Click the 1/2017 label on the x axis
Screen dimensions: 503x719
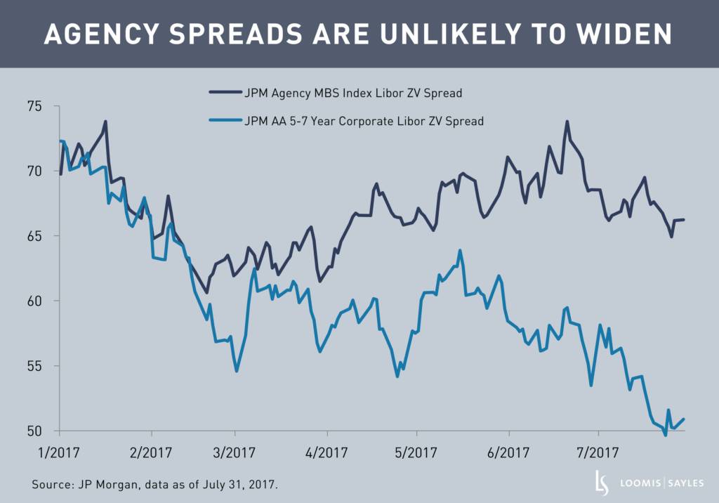(x=60, y=452)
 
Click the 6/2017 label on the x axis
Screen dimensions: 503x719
(x=507, y=452)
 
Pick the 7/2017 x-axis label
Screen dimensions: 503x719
(x=598, y=452)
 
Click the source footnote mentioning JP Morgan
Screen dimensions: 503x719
(x=159, y=485)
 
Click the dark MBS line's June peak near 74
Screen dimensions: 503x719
(x=567, y=122)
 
